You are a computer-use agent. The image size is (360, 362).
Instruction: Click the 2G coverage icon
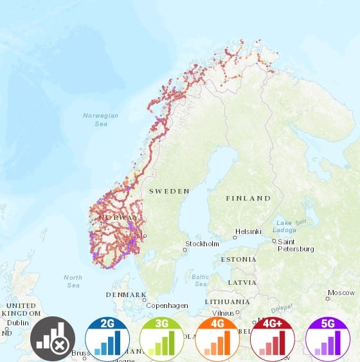(107, 339)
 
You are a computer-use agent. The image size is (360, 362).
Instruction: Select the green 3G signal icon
(162, 339)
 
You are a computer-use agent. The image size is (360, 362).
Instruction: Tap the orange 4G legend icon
(217, 339)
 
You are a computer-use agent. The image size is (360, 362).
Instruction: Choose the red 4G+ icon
(273, 339)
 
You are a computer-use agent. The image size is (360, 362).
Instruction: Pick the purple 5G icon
(327, 339)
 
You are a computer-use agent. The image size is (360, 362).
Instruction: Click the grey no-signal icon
(53, 339)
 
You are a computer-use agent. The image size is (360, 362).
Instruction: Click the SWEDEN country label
(169, 191)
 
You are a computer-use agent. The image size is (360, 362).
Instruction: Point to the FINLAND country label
(248, 198)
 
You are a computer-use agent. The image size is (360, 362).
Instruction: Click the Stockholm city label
(203, 244)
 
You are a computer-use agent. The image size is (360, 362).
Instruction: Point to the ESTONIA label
(239, 259)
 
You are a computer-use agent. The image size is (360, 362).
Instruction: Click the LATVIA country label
(242, 282)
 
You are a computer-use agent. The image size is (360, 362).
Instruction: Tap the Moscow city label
(341, 293)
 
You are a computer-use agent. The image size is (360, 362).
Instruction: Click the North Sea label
(73, 281)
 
